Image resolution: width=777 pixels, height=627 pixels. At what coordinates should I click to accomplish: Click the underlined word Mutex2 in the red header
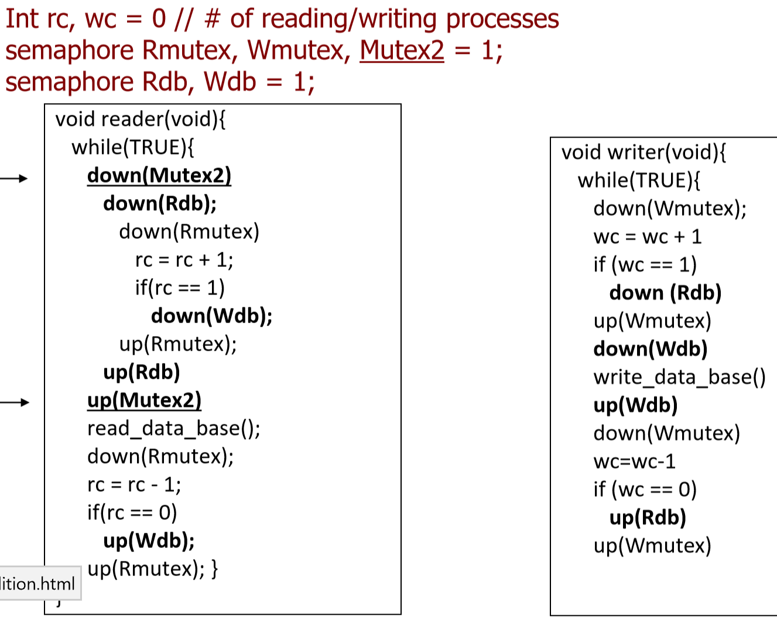402,50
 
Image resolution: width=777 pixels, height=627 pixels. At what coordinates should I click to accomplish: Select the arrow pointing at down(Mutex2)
14,179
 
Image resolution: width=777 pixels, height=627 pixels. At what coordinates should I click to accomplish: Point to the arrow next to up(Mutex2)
15,402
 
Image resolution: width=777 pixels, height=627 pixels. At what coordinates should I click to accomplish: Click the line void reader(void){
141,119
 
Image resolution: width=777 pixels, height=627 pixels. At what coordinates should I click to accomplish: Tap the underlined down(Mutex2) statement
159,176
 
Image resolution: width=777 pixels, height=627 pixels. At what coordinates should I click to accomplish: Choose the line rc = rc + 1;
184,259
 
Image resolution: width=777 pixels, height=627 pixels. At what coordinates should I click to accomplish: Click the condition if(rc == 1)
180,287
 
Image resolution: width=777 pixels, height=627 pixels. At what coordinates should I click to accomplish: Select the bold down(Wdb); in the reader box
211,316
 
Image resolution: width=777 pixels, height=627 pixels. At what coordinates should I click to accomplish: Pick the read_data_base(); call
174,428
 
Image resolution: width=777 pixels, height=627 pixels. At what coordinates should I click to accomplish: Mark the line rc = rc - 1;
134,484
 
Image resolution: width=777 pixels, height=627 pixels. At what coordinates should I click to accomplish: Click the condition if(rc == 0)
132,512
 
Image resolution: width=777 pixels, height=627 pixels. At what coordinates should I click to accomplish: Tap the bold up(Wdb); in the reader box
149,540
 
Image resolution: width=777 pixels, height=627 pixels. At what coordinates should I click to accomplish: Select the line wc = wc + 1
647,237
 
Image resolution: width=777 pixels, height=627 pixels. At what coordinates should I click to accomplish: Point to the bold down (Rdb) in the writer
665,293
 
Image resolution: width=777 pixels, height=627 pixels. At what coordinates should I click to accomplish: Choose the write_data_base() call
679,377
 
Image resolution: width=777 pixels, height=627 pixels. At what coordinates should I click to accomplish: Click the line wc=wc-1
634,461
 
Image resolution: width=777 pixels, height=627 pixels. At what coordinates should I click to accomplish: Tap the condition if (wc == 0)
645,489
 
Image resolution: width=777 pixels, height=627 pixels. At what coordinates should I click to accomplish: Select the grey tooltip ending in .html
38,584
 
